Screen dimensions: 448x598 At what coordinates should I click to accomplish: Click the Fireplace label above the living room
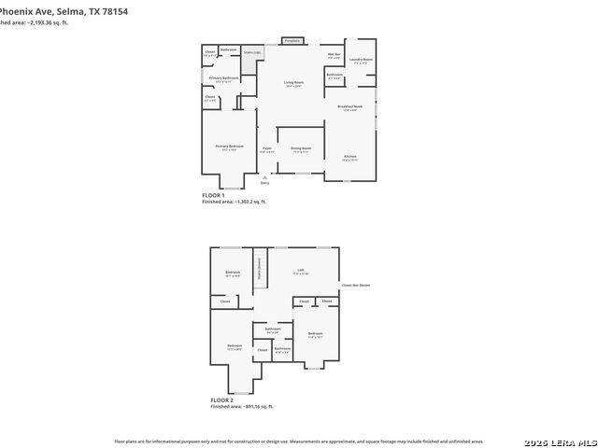[292, 41]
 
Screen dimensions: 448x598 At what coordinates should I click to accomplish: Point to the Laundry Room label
[361, 61]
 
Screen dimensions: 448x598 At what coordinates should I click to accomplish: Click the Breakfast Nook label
[349, 107]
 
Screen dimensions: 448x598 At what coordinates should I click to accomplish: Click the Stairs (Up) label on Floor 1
[251, 53]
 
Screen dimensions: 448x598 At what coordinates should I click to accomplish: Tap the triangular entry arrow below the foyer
[265, 175]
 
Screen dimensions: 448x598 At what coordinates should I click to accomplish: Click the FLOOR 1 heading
[213, 195]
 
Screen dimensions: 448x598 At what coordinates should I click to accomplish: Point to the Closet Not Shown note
[356, 285]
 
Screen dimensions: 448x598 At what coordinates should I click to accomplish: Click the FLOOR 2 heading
[221, 400]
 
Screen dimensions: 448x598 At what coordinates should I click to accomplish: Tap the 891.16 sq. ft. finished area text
[242, 407]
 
